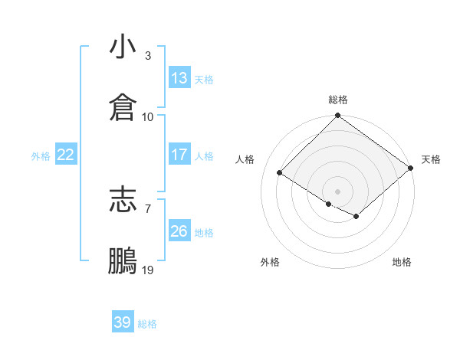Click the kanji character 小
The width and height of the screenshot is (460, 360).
point(123,48)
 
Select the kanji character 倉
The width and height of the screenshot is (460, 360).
point(123,108)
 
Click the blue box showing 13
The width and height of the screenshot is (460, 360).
point(179,78)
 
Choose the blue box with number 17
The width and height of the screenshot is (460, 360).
point(179,155)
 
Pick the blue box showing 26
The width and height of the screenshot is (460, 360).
point(179,231)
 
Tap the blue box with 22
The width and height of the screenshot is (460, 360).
point(66,155)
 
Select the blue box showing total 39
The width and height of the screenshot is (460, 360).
point(123,322)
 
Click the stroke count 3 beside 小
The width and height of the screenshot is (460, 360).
point(147,56)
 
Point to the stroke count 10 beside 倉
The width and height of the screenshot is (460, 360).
point(148,116)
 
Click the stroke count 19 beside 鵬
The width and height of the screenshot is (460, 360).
point(148,270)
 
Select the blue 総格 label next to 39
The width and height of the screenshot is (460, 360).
point(147,324)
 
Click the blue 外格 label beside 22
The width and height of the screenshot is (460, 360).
point(41,156)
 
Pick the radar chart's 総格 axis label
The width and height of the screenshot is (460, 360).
point(338,100)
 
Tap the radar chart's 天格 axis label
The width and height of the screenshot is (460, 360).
point(431,159)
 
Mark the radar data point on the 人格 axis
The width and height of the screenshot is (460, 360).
point(281,173)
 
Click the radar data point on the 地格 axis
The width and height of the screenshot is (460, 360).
point(356,218)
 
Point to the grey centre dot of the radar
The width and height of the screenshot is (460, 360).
point(337,191)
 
